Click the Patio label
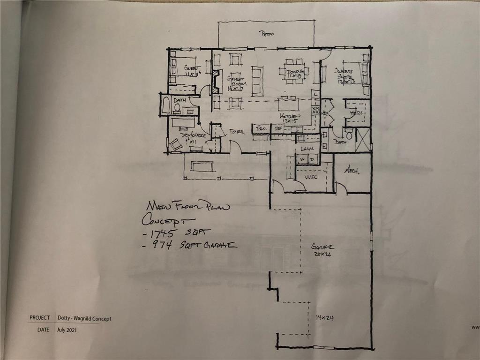point(267,34)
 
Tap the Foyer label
point(237,132)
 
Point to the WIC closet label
point(312,177)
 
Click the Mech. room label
point(352,172)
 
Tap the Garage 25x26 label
point(322,249)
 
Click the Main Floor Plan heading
point(187,206)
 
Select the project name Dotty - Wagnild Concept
point(84,319)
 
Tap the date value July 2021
point(68,330)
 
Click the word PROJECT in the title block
point(39,318)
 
